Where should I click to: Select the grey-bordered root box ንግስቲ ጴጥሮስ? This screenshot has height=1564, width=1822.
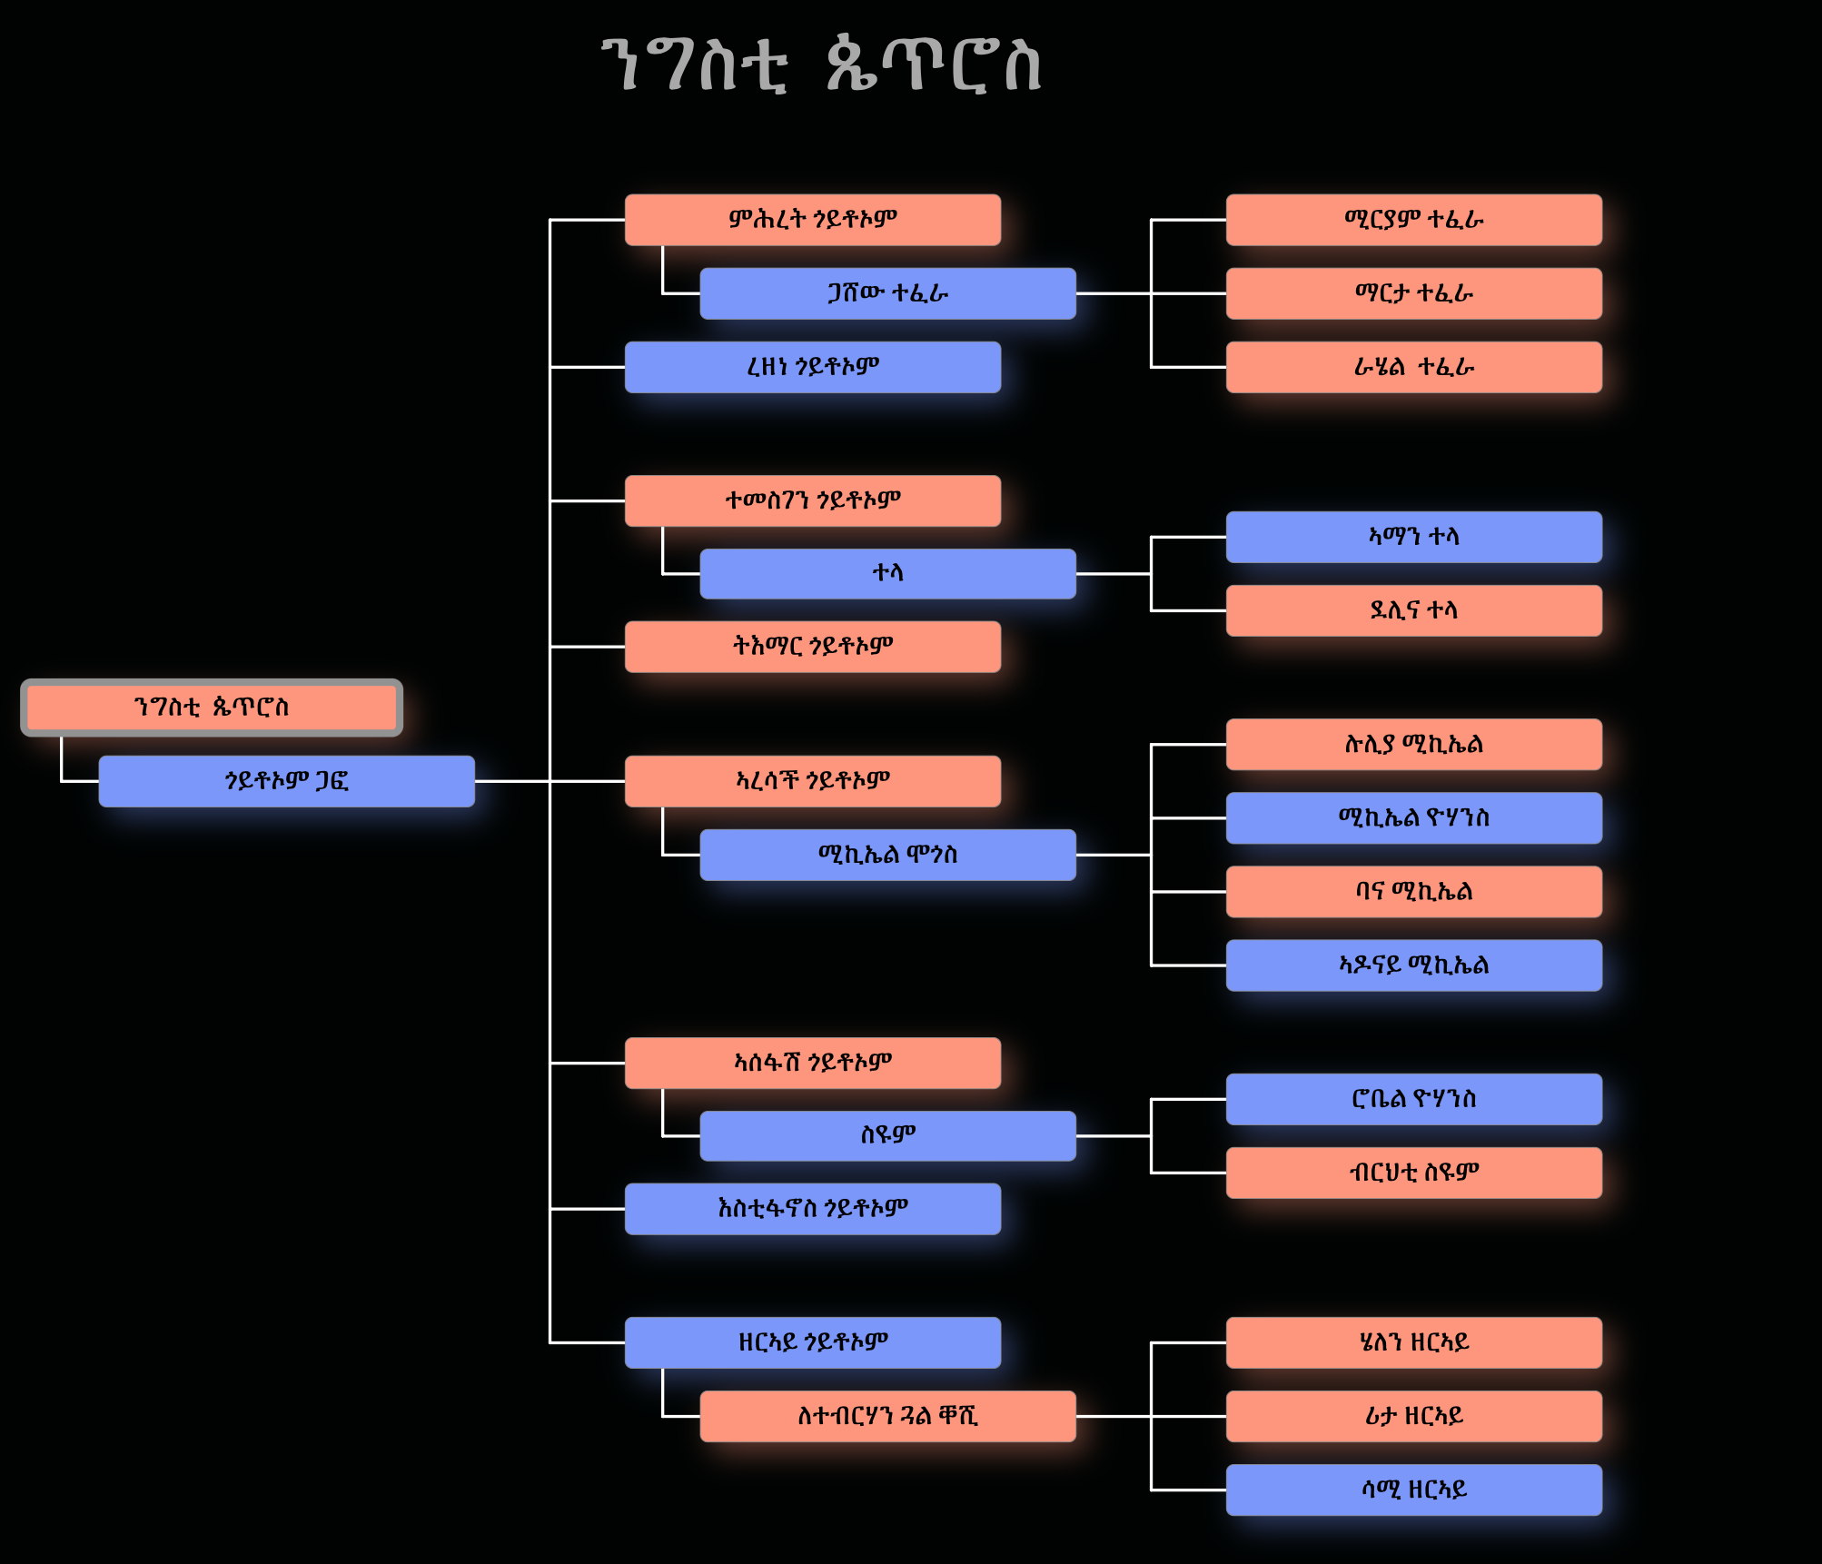pyautogui.click(x=212, y=708)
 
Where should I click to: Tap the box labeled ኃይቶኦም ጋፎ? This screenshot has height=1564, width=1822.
pyautogui.click(x=286, y=781)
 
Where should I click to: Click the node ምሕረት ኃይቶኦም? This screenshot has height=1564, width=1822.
pyautogui.click(x=812, y=220)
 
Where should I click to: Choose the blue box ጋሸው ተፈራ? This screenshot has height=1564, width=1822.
pyautogui.click(x=887, y=293)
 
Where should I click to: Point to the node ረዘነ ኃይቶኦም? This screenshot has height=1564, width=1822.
pyautogui.click(x=812, y=367)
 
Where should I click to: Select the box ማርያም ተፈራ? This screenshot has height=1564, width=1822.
pyautogui.click(x=1413, y=220)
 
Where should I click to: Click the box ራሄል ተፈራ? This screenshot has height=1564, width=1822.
pyautogui.click(x=1413, y=367)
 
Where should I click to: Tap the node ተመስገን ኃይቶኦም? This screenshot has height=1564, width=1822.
pyautogui.click(x=812, y=500)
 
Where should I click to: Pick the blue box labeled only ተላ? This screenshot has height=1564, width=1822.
pyautogui.click(x=887, y=573)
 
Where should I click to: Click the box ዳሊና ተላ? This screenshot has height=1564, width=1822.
pyautogui.click(x=1413, y=610)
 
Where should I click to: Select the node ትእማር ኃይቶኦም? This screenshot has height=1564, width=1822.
pyautogui.click(x=812, y=647)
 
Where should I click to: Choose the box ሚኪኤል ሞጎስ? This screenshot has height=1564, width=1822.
pyautogui.click(x=887, y=855)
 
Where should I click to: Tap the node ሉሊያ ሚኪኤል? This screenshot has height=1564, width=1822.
pyautogui.click(x=1413, y=745)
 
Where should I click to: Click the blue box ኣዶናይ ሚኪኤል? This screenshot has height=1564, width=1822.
pyautogui.click(x=1413, y=965)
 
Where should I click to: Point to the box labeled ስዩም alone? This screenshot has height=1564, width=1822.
pyautogui.click(x=887, y=1135)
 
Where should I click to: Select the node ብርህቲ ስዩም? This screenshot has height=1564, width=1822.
pyautogui.click(x=1413, y=1173)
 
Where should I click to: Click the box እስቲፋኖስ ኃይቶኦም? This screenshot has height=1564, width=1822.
pyautogui.click(x=812, y=1209)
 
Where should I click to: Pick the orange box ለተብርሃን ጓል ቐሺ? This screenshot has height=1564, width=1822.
pyautogui.click(x=887, y=1416)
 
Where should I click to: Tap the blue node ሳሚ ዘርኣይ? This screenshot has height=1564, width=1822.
pyautogui.click(x=1413, y=1490)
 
